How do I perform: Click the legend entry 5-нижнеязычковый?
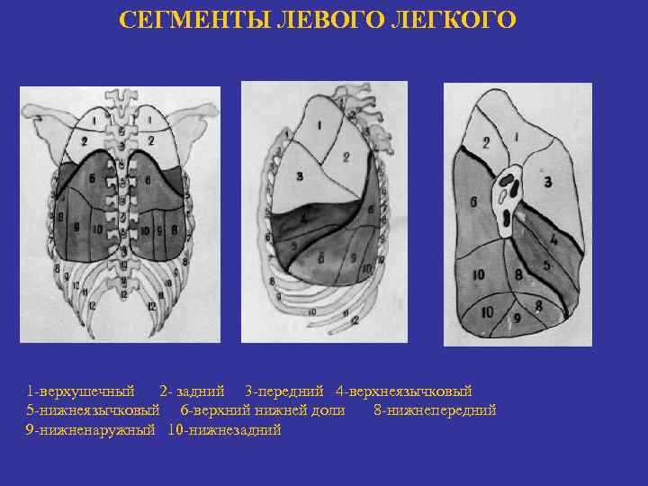pyautogui.click(x=93, y=410)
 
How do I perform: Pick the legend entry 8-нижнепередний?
pyautogui.click(x=435, y=410)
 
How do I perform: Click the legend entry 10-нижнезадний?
pyautogui.click(x=225, y=430)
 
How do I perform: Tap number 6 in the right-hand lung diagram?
pyautogui.click(x=473, y=202)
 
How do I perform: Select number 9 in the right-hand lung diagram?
pyautogui.click(x=516, y=318)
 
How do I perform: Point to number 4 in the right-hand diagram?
pyautogui.click(x=553, y=241)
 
